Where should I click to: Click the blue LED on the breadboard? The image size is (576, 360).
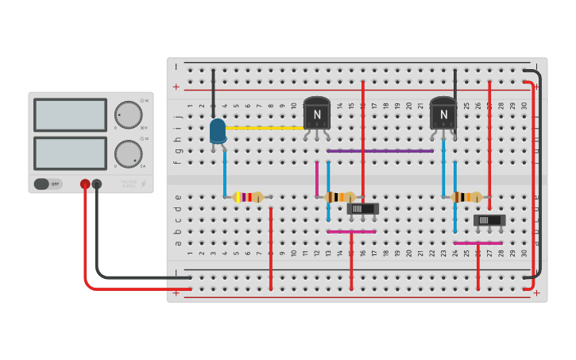click(218, 131)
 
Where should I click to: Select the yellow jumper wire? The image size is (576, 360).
click(266, 127)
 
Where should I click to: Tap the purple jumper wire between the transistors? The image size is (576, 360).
click(380, 150)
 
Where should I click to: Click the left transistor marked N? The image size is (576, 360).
click(317, 114)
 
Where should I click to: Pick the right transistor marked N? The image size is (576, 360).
click(443, 114)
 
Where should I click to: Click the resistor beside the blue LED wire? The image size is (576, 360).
click(248, 197)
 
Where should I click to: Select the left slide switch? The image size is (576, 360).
click(363, 208)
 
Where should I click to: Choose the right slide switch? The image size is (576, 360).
click(489, 220)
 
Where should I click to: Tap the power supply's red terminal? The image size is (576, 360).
click(85, 184)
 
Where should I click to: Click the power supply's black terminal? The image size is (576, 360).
click(97, 184)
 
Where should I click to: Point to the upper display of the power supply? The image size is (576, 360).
click(70, 114)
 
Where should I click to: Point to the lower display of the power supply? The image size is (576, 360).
click(70, 153)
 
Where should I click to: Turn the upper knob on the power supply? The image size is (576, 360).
click(128, 114)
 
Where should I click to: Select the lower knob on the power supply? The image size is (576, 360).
click(128, 153)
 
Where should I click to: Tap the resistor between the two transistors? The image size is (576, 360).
click(340, 197)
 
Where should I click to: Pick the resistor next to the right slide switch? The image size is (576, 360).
click(466, 197)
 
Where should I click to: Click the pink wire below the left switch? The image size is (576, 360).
click(351, 231)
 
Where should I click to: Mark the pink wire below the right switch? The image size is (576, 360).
click(477, 242)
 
